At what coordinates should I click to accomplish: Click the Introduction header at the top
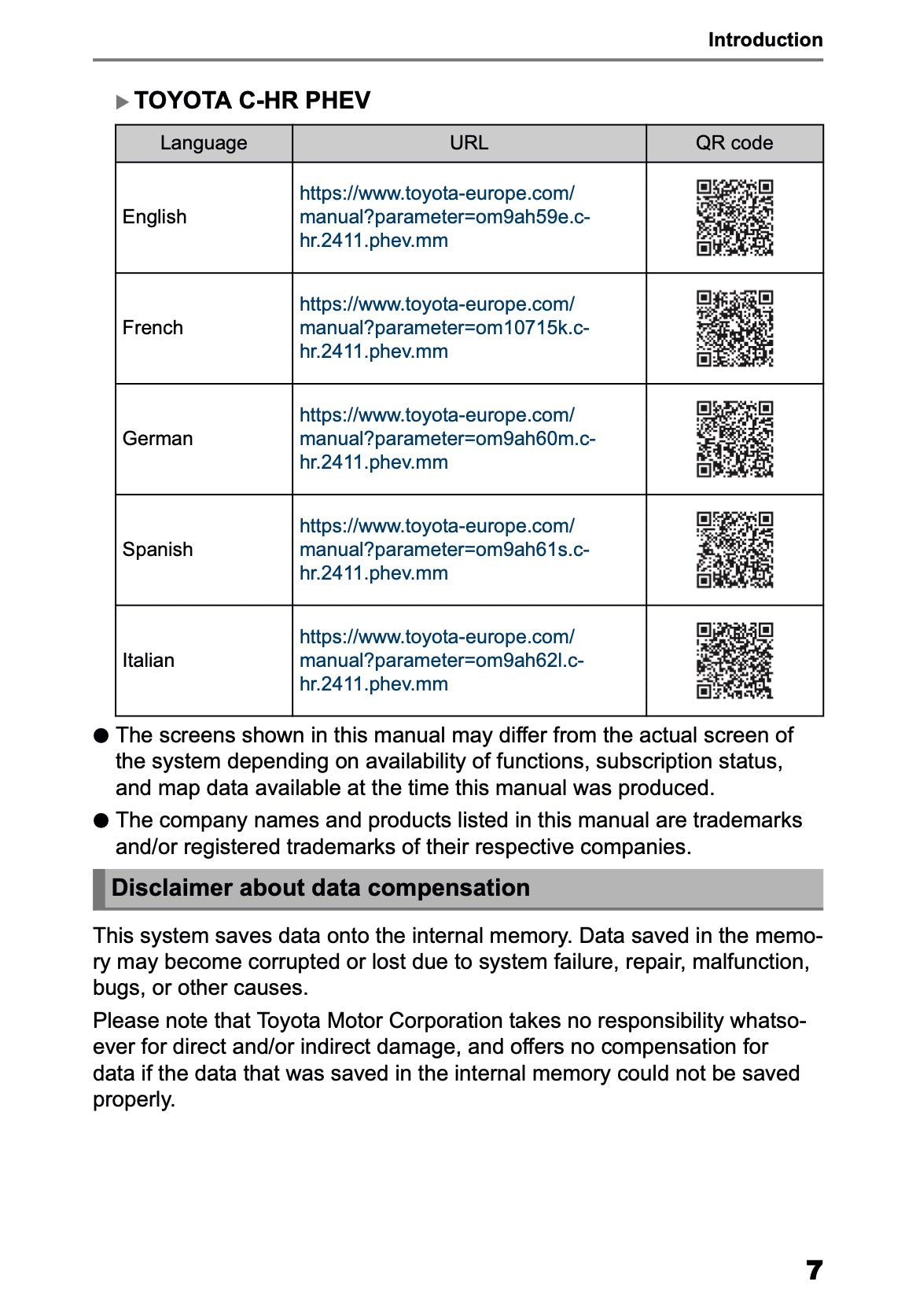pos(764,40)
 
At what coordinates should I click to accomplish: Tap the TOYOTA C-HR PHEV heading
pos(252,101)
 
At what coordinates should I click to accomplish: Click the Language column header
pos(203,143)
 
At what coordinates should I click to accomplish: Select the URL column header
pos(469,143)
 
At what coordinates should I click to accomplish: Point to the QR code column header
pos(734,143)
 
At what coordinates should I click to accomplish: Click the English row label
pos(155,217)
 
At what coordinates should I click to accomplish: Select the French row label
pos(153,328)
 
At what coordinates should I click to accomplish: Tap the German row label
pos(157,439)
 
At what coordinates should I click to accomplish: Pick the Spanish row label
pos(157,550)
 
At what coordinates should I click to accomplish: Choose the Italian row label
pos(149,661)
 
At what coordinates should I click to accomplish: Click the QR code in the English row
pos(734,218)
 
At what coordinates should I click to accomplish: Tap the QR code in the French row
pos(734,329)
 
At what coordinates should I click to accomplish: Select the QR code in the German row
pos(734,440)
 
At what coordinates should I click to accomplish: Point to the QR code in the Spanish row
pos(734,551)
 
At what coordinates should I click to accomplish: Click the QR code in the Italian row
pos(734,661)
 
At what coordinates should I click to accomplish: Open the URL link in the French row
pos(444,328)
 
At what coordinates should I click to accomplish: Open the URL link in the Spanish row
pos(444,550)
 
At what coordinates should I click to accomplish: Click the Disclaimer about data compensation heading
pos(320,888)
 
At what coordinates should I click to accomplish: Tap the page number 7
pos(814,1269)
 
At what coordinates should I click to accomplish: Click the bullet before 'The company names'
pos(101,821)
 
